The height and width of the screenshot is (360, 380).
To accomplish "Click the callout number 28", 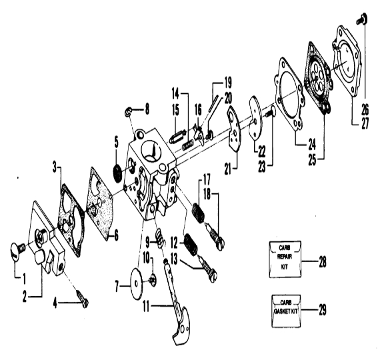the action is pos(322,261).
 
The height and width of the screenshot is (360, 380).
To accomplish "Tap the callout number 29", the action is pos(322,309).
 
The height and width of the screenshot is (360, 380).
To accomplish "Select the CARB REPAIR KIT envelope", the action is pos(285,259).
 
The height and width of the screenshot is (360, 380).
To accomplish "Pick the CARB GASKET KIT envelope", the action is pos(286,311).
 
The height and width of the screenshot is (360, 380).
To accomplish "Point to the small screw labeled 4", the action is pos(83,297).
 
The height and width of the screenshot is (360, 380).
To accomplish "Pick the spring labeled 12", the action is pos(191,245).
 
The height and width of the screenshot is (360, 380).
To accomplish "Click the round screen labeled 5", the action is pos(119,172).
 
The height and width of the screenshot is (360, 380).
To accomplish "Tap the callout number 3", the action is pos(55,167).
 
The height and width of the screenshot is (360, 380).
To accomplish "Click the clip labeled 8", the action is pos(128,112).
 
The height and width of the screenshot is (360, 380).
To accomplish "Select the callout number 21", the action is pos(227,169).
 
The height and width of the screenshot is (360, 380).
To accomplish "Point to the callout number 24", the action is pos(312,144).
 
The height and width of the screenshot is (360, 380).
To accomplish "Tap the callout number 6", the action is pos(116,235).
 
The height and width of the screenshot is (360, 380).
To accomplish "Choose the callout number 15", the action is pos(175,110).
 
